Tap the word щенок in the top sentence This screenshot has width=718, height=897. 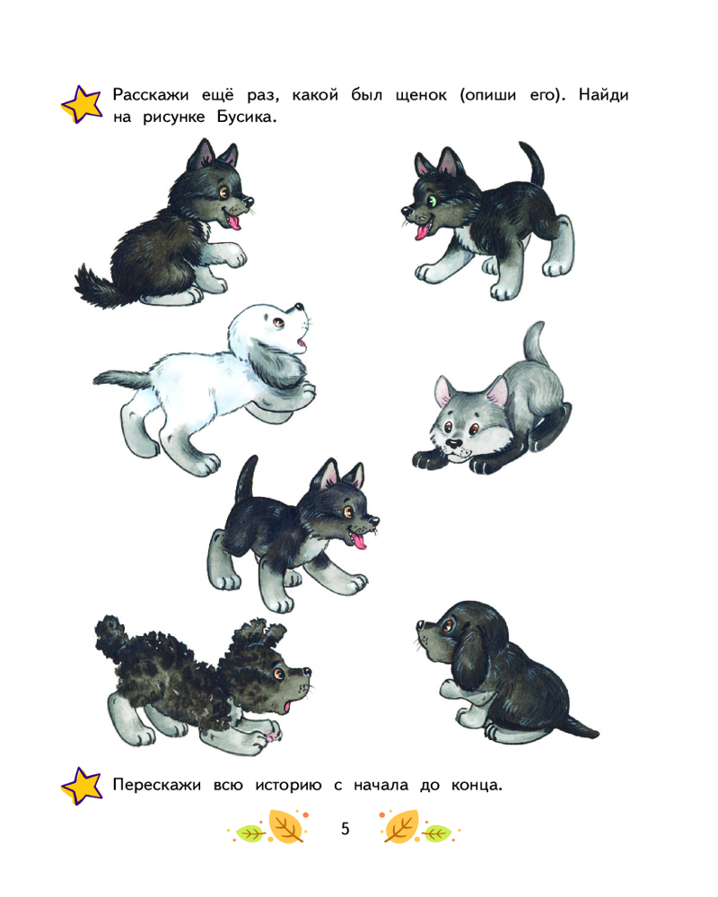[421, 96]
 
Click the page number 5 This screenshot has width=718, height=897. [345, 828]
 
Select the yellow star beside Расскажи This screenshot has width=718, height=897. [82, 104]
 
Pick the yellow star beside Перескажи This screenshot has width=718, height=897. [82, 786]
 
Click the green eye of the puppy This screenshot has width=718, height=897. [432, 200]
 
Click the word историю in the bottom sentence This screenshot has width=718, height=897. [288, 785]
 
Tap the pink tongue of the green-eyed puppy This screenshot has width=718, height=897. [422, 231]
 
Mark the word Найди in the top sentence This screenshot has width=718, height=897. [603, 94]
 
